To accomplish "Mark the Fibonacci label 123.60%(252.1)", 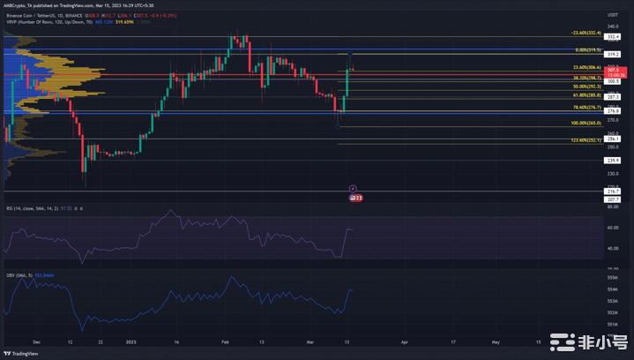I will pos(586,139).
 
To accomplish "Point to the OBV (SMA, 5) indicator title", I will pos(21,275).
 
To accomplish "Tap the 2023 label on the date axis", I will pos(131,341).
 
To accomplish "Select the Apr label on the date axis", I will pos(405,341).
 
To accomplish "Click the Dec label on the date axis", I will pos(35,341).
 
